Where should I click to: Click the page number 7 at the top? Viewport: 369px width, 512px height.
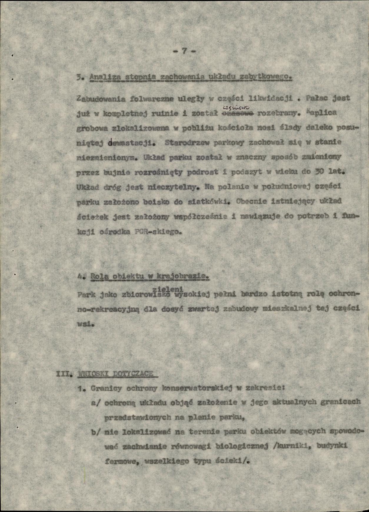tap(184, 51)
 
